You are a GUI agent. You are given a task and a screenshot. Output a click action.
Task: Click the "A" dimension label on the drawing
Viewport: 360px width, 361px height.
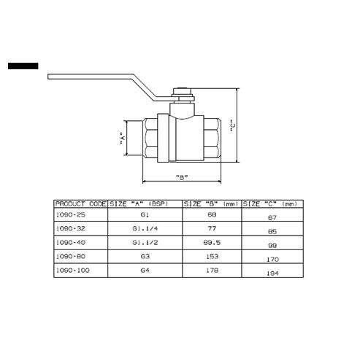pos(123,139)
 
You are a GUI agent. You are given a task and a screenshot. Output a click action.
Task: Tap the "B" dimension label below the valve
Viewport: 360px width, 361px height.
pos(182,177)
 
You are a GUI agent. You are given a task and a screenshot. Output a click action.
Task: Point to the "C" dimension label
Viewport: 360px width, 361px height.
pos(233,125)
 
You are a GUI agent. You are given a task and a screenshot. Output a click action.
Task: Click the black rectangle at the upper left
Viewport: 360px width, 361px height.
pos(23,66)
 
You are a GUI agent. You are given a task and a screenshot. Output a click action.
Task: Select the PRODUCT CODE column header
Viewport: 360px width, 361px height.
pos(81,203)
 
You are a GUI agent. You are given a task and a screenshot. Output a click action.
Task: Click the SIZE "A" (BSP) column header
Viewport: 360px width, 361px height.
pos(139,203)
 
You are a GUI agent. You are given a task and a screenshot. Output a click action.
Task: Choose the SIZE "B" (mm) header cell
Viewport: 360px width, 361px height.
pos(211,203)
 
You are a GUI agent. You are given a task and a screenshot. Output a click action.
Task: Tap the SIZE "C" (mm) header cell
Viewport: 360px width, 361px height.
pos(270,203)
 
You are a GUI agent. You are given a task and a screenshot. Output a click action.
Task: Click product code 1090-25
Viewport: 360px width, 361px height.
pos(71,214)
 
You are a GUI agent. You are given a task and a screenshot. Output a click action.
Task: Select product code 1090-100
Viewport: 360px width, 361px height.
pos(72,270)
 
